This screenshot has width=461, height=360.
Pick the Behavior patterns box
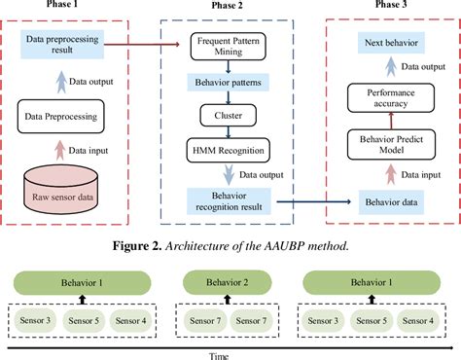click(228, 87)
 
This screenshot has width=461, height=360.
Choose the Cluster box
click(227, 115)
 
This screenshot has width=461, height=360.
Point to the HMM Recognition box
click(227, 149)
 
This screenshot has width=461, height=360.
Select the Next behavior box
click(394, 44)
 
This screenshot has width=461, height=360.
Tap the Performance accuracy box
click(394, 95)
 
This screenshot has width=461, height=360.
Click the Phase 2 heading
click(227, 7)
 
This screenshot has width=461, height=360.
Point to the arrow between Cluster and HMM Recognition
click(227, 131)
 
